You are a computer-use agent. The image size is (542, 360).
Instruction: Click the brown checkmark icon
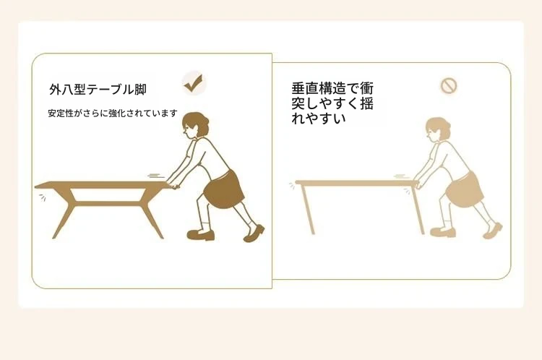point(193,83)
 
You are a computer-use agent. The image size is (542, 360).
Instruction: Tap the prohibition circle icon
point(449,85)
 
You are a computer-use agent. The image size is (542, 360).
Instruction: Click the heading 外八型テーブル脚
point(98,90)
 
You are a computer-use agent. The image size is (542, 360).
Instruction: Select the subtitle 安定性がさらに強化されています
point(113,113)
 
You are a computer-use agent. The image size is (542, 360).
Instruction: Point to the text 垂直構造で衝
point(332,88)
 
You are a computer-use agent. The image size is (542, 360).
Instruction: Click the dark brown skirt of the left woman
point(223,189)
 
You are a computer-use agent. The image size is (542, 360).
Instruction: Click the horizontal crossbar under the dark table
point(108,203)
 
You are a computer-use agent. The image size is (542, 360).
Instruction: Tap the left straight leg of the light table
point(308,209)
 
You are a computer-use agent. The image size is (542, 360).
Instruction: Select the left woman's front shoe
point(200,235)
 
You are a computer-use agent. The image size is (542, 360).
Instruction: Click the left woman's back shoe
point(254,233)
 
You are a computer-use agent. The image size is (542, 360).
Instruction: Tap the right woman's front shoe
point(443,232)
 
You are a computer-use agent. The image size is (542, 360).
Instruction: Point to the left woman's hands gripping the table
point(173,184)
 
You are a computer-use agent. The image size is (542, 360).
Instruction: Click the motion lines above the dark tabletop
point(155,176)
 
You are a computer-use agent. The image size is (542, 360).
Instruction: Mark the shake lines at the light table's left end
point(292,187)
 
